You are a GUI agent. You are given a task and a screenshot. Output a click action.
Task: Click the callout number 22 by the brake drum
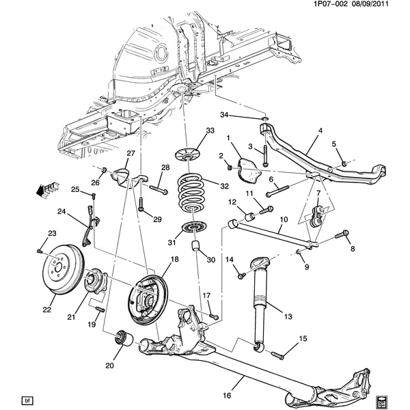click(46, 310)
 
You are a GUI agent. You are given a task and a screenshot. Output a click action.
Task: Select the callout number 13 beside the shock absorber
click(287, 316)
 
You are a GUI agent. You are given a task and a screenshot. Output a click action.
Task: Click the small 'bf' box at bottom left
click(27, 400)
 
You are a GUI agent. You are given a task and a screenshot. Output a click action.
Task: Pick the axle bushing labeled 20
click(124, 338)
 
